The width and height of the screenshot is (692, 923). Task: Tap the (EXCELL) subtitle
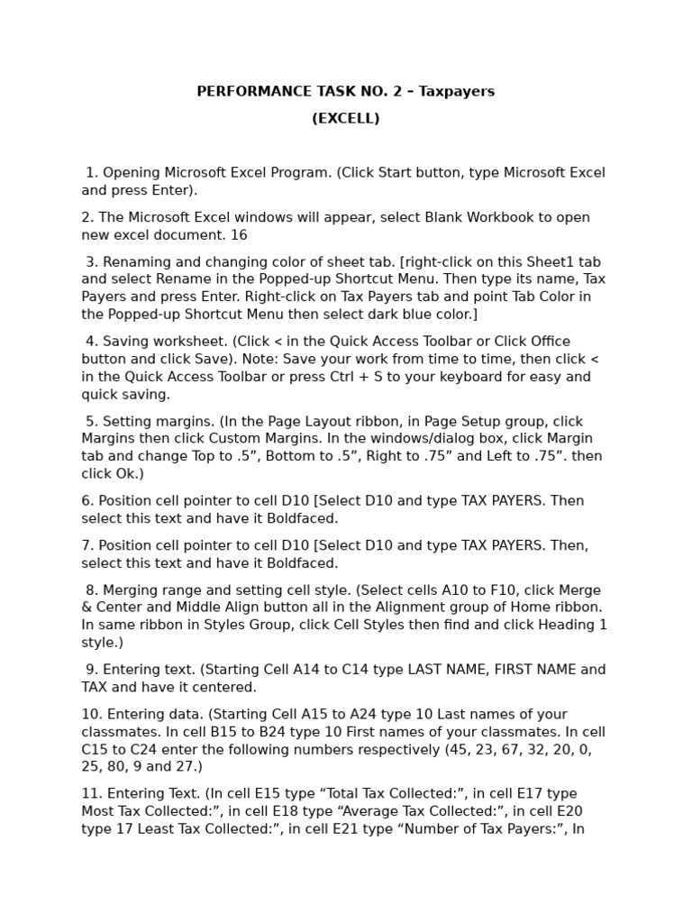tap(346, 119)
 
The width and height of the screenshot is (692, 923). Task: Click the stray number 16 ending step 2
tap(239, 235)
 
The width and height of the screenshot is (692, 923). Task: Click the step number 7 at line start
tap(86, 545)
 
